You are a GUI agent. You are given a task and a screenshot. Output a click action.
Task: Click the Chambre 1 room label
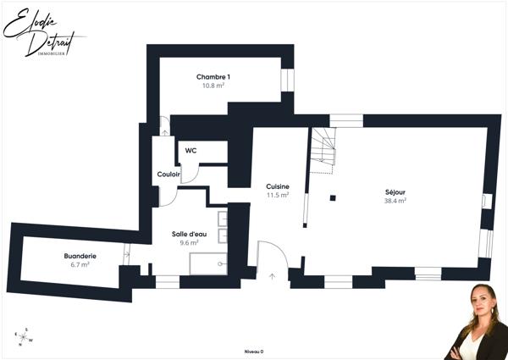213,77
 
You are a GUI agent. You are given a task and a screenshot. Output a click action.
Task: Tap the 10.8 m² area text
213,86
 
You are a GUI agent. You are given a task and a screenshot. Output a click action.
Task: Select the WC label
191,151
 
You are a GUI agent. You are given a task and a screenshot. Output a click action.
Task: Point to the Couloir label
168,174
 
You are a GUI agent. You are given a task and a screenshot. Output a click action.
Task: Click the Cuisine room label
278,186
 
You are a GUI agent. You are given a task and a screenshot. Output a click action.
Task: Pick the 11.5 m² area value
278,195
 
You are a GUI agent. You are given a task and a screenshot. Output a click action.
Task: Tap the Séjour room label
395,192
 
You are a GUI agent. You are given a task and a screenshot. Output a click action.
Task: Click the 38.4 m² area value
395,201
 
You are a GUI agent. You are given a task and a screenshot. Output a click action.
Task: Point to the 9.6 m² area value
189,242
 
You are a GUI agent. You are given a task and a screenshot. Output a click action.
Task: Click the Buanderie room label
80,256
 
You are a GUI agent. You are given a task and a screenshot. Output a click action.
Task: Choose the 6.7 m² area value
80,264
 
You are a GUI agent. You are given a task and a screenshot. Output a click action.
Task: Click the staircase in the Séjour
323,149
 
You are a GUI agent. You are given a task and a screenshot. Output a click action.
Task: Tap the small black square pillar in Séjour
333,198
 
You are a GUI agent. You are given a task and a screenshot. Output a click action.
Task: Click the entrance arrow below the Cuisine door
272,274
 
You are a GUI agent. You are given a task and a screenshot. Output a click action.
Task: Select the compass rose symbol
25,336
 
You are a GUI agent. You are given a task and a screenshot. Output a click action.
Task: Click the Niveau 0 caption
254,351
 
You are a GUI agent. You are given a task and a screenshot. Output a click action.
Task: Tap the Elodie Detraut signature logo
38,34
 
